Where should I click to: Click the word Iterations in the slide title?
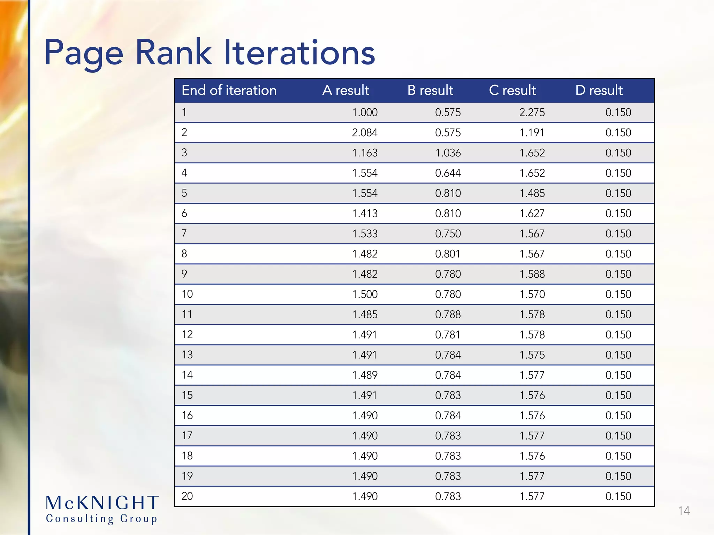pyautogui.click(x=299, y=53)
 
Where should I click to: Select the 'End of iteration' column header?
pyautogui.click(x=229, y=91)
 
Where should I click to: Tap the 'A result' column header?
pyautogui.click(x=345, y=91)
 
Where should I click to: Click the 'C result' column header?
pyautogui.click(x=512, y=91)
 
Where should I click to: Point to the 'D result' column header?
pyautogui.click(x=599, y=91)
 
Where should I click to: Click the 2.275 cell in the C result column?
pyautogui.click(x=532, y=113)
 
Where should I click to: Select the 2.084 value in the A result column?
pyautogui.click(x=365, y=133)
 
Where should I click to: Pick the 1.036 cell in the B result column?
pyautogui.click(x=448, y=153)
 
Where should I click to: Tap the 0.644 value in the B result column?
pyautogui.click(x=448, y=173)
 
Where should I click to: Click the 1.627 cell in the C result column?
pyautogui.click(x=532, y=214)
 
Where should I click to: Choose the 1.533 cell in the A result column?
pyautogui.click(x=365, y=234)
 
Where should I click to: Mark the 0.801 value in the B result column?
pyautogui.click(x=448, y=254)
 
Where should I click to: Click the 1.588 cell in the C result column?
pyautogui.click(x=532, y=274)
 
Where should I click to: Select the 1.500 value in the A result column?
pyautogui.click(x=365, y=294)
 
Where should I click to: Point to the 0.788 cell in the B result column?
pyautogui.click(x=448, y=315)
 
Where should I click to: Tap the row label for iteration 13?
pyautogui.click(x=187, y=355)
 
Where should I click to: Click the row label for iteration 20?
pyautogui.click(x=187, y=496)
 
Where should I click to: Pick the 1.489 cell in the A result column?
pyautogui.click(x=365, y=375)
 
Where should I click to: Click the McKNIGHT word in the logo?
pyautogui.click(x=102, y=503)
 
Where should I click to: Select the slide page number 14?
pyautogui.click(x=684, y=511)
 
